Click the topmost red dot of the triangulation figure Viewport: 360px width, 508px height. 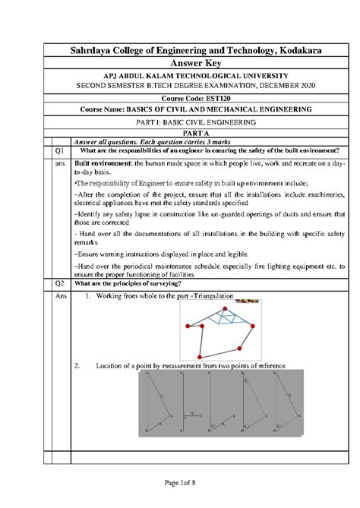pos(223,308)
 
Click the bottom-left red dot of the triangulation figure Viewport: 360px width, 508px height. pos(199,355)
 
